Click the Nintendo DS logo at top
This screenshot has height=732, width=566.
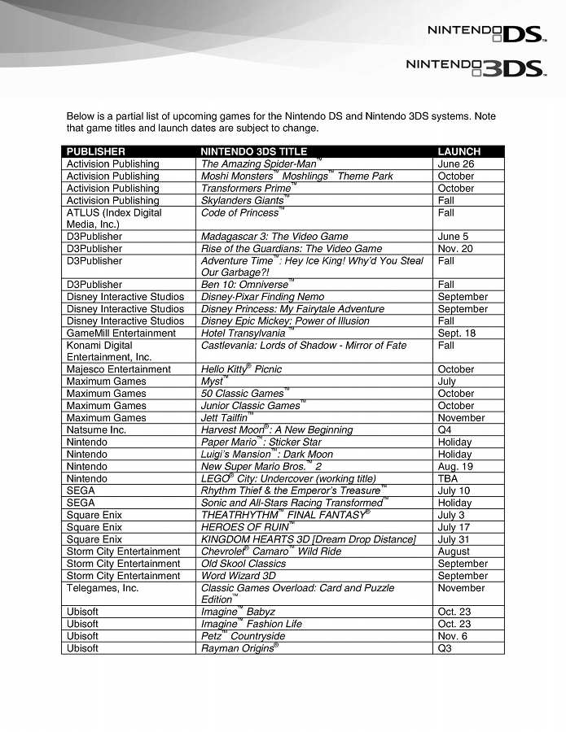point(485,34)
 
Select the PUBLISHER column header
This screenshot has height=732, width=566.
point(96,151)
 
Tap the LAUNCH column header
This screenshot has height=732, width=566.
point(459,151)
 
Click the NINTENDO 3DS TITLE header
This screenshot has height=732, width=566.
point(253,151)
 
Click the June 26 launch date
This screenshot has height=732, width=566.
point(455,163)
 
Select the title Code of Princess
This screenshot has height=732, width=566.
point(240,212)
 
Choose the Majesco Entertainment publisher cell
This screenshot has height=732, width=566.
point(119,369)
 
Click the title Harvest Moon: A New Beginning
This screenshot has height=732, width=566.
point(277,430)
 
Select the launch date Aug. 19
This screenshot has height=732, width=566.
point(455,467)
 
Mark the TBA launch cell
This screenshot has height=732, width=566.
point(448,479)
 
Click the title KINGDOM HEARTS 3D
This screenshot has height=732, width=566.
point(309,539)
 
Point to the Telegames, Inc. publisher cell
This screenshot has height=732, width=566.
point(103,588)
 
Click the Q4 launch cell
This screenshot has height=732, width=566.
point(445,430)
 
